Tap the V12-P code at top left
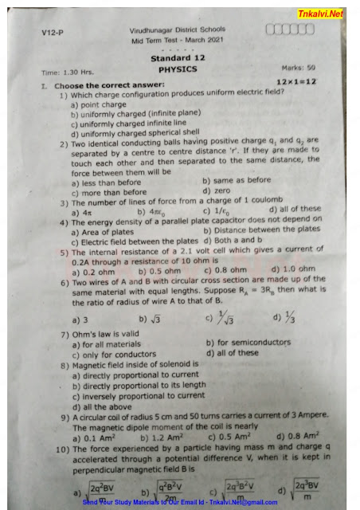(53, 33)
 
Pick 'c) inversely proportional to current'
(138, 395)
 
